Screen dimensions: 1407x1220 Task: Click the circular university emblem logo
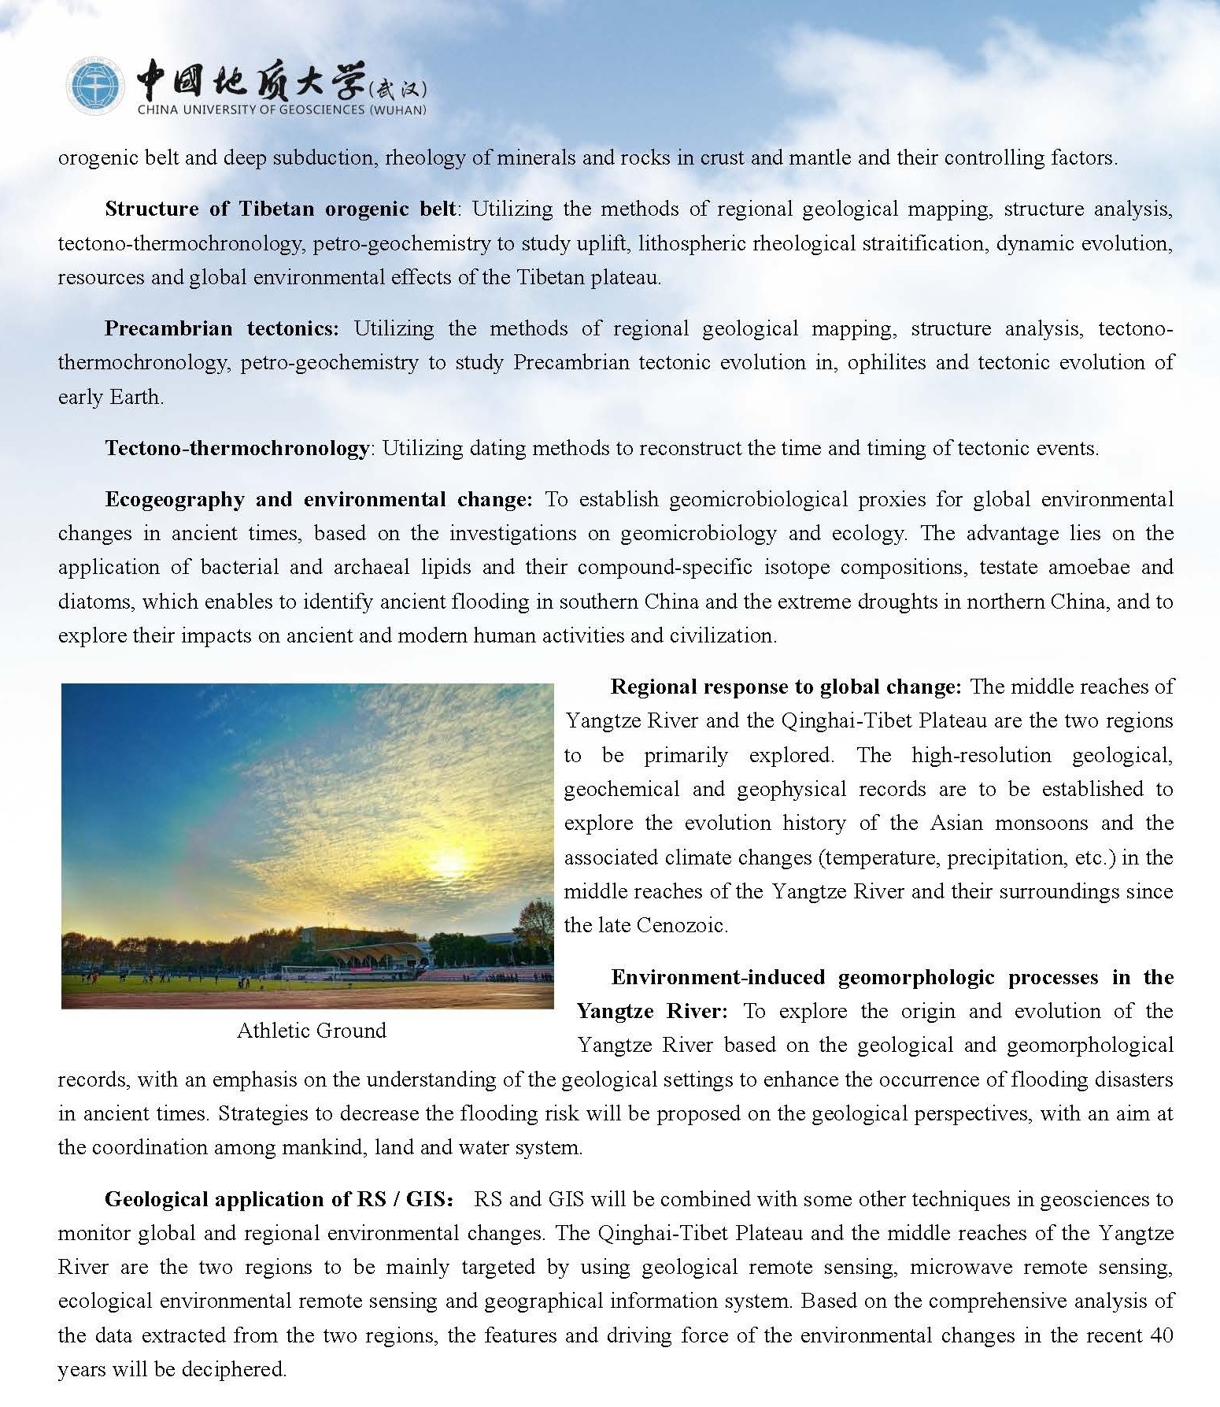click(x=94, y=87)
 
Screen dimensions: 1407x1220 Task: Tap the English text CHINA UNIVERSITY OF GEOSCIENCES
click(x=282, y=110)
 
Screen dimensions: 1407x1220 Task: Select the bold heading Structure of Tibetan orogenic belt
click(x=280, y=209)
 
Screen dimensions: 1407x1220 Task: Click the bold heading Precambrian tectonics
click(x=221, y=328)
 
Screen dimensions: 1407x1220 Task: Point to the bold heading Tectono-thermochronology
click(x=237, y=449)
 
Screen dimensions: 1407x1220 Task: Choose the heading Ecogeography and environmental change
click(x=319, y=500)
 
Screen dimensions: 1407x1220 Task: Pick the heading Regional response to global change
click(x=786, y=687)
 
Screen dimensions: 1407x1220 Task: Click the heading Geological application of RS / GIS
click(x=279, y=1199)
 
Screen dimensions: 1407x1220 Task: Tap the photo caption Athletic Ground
click(x=312, y=1031)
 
